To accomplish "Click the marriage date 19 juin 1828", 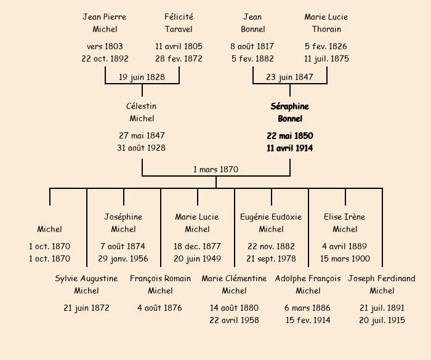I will point(142,77).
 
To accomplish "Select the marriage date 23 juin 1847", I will point(289,77).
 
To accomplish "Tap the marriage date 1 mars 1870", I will point(216,169).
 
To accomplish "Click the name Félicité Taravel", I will point(179,23).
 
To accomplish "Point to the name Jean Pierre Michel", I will point(105,23).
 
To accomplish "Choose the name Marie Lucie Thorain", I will point(326,23).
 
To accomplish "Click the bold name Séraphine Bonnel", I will point(289,112).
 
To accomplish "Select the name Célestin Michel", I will point(142,112).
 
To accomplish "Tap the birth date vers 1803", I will point(105,46).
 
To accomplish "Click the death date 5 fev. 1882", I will point(252,59).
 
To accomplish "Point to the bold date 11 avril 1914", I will point(289,148).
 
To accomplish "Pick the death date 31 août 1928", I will point(142,148).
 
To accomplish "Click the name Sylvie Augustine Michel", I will point(86,284).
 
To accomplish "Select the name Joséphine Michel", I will point(123,223).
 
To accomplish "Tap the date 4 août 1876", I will point(160,308).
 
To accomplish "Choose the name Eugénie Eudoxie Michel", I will point(271,223).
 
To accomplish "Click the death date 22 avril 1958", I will point(234,320).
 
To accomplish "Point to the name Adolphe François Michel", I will point(308,284).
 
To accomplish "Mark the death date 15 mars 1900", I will point(345,259).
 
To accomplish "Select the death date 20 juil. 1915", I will point(382,320).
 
